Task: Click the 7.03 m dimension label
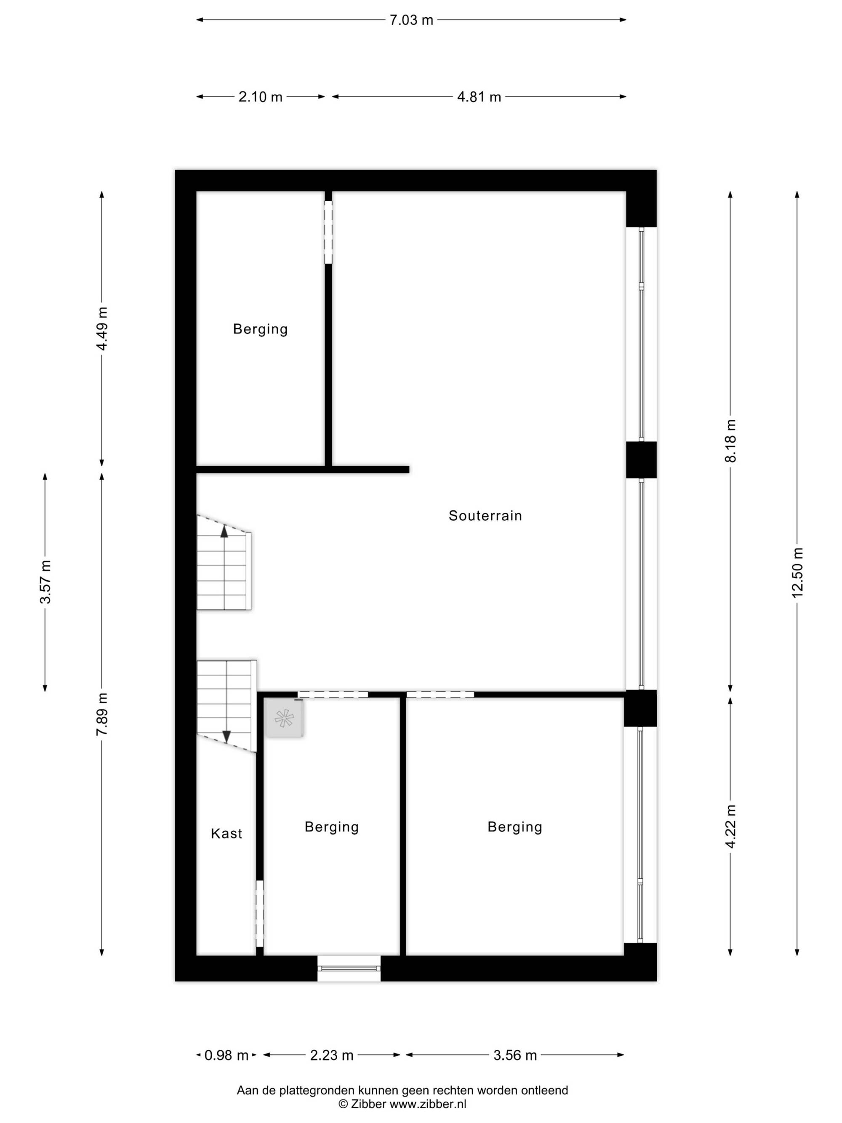click(x=411, y=20)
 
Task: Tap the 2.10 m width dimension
click(x=260, y=97)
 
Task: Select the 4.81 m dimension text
click(x=479, y=97)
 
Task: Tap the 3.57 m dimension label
click(x=45, y=582)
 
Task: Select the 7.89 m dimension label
click(x=102, y=714)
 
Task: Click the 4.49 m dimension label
click(x=102, y=328)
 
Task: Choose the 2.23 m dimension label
click(x=332, y=1056)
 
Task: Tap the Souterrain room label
click(x=485, y=516)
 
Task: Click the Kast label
click(x=226, y=834)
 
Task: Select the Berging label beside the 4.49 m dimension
click(x=260, y=329)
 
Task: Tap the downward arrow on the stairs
click(x=227, y=736)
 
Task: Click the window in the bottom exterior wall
click(x=349, y=968)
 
